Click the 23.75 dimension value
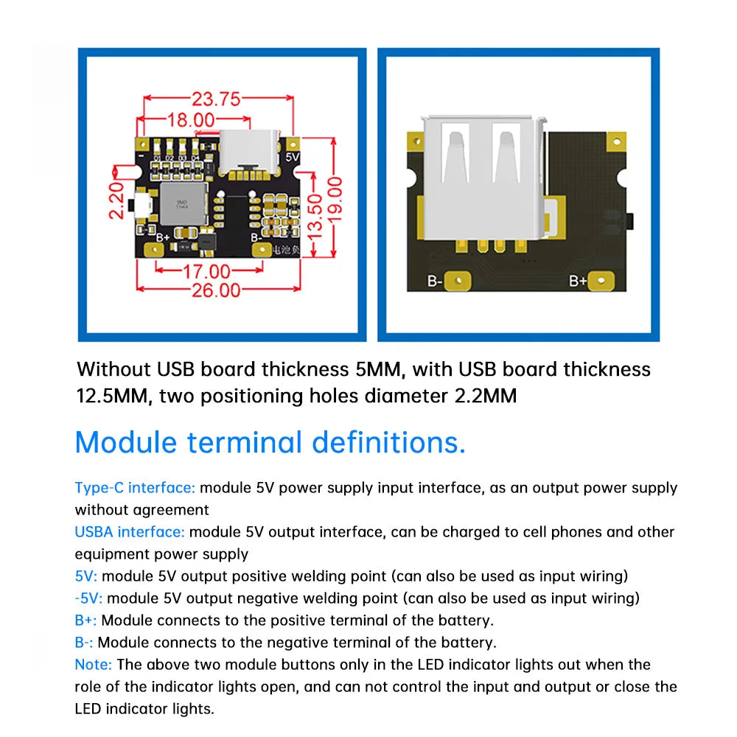217,99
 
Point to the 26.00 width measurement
217,290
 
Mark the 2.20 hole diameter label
117,200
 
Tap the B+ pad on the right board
601,280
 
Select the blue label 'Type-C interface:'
135,488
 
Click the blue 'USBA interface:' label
130,532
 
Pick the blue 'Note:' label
94,665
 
